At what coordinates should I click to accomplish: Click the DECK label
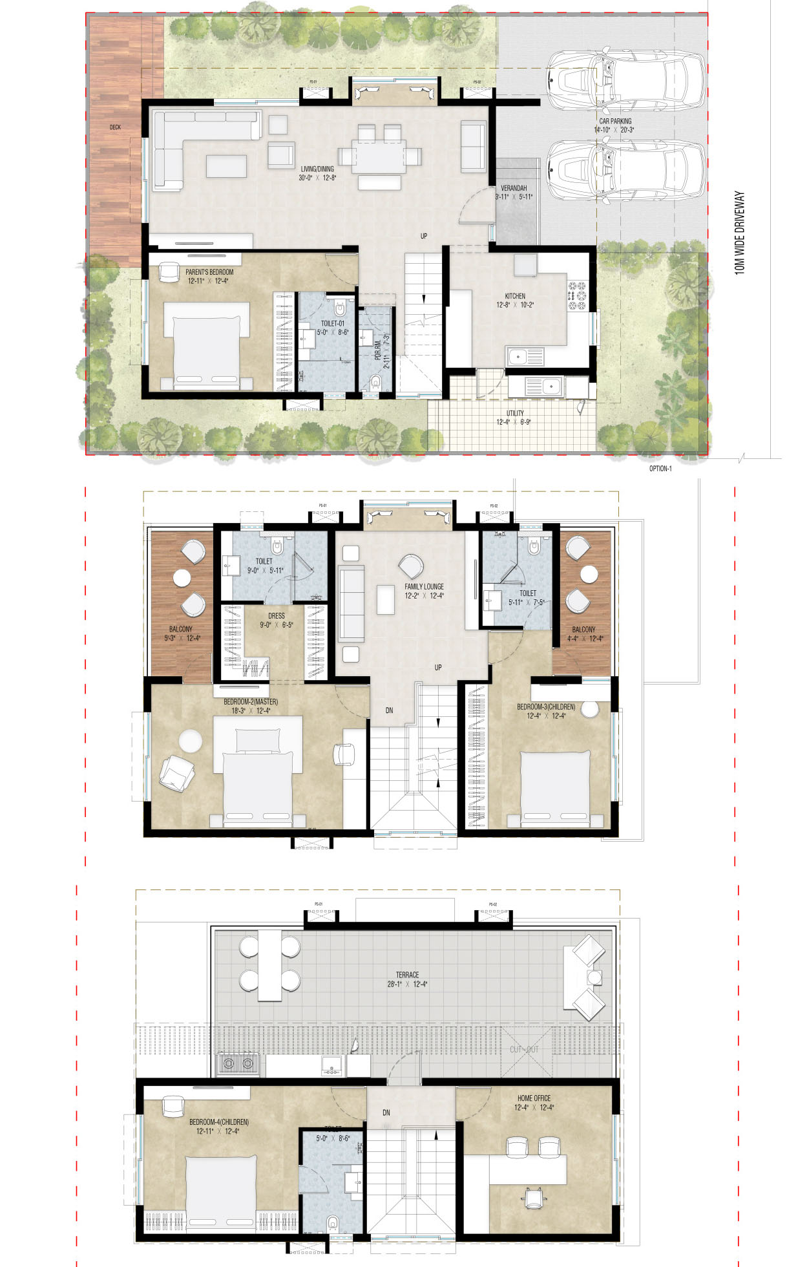(x=115, y=127)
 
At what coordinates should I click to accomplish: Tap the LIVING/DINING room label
(x=317, y=169)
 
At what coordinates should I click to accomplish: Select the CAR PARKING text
(x=615, y=121)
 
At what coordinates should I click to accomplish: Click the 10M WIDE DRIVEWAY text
(x=740, y=233)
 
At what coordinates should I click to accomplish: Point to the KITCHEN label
(x=515, y=296)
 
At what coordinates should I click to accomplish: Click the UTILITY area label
(x=515, y=413)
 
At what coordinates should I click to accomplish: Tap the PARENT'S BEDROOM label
(x=209, y=272)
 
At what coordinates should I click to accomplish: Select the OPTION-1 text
(x=660, y=469)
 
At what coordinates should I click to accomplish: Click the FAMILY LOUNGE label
(x=424, y=587)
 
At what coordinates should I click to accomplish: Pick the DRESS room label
(x=277, y=616)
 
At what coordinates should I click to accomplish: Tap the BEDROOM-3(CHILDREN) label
(x=546, y=707)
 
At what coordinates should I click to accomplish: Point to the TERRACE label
(x=407, y=975)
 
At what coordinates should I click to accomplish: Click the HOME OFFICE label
(x=534, y=1098)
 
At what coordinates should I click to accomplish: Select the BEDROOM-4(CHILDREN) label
(x=218, y=1122)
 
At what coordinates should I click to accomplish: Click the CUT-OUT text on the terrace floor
(x=523, y=1049)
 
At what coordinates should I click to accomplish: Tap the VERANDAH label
(x=514, y=188)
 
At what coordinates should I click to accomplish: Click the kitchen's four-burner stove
(x=576, y=295)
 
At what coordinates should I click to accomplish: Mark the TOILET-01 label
(x=333, y=323)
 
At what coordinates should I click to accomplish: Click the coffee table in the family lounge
(x=386, y=599)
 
